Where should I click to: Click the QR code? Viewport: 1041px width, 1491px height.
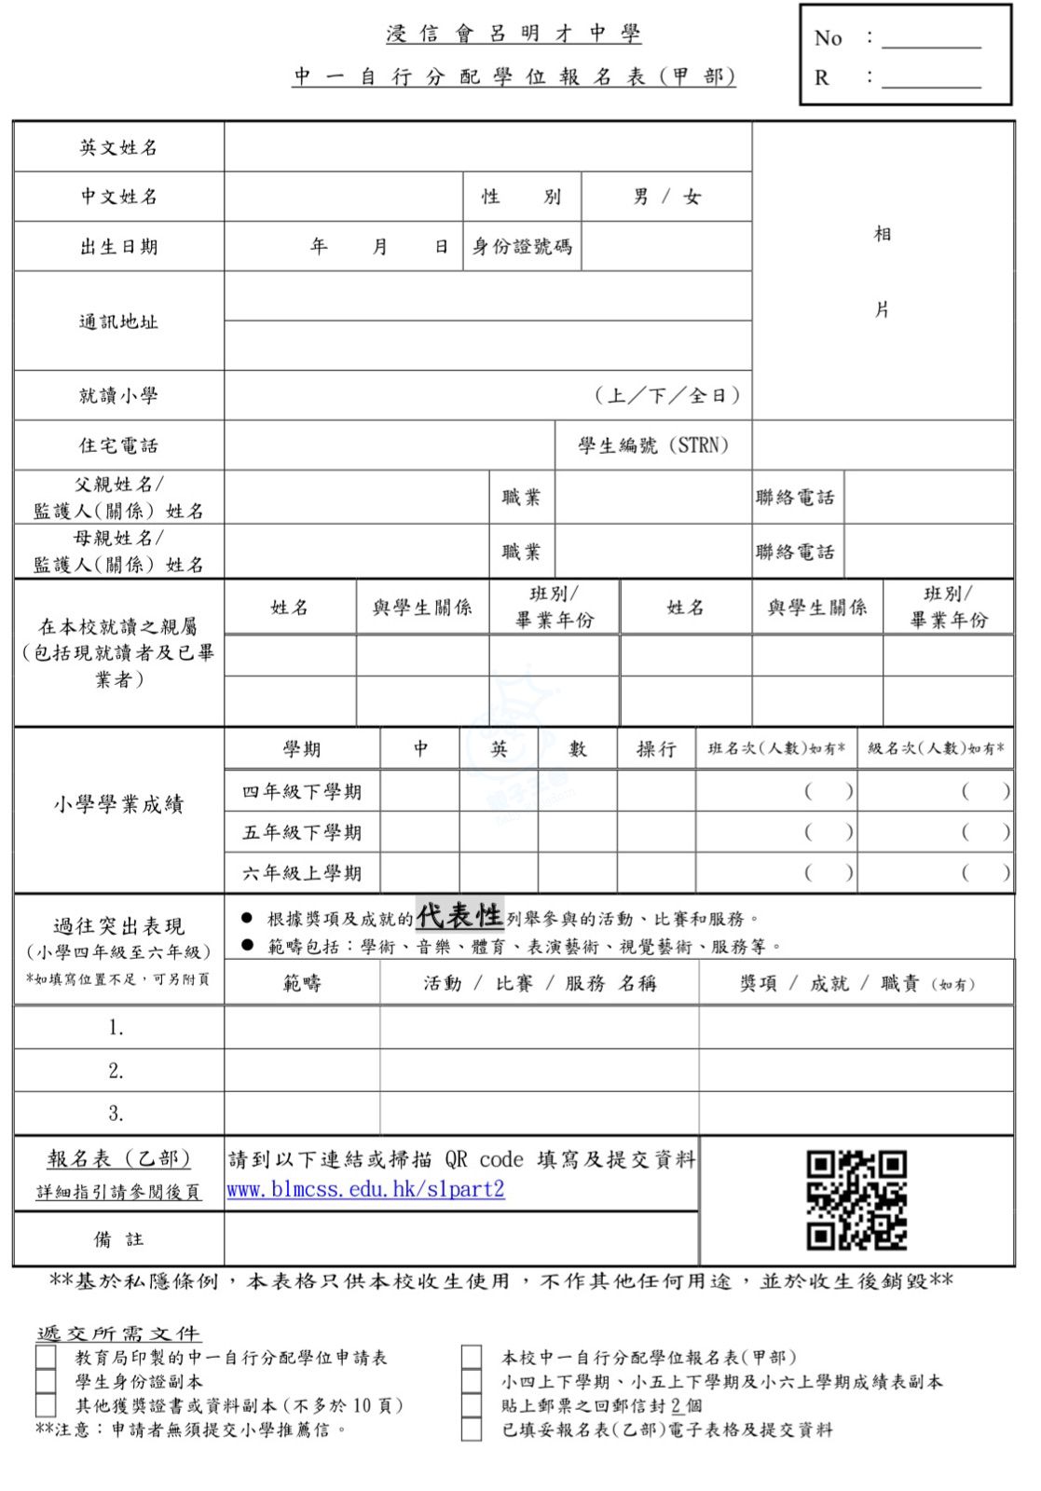tap(856, 1199)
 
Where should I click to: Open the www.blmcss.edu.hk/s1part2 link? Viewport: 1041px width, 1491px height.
tap(365, 1189)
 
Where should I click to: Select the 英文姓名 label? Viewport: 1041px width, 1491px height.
tap(118, 147)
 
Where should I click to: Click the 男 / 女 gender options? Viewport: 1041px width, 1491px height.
tap(666, 197)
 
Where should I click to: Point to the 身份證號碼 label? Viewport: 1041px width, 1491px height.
tap(522, 247)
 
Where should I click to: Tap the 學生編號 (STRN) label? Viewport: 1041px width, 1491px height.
tap(652, 445)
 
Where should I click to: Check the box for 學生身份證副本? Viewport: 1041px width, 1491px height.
tap(46, 1381)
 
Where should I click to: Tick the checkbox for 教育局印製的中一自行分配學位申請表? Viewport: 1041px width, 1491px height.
tap(46, 1357)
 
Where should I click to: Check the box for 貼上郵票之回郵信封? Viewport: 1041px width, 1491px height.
tap(472, 1405)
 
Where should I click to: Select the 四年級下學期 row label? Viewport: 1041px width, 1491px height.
tap(302, 791)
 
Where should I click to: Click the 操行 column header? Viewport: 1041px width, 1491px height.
tap(656, 748)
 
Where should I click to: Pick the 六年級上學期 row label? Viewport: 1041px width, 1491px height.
tap(302, 873)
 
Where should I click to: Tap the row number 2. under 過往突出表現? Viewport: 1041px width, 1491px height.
tap(116, 1071)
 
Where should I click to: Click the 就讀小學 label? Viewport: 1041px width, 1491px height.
tap(118, 395)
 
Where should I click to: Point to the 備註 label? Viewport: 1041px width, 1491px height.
tap(118, 1239)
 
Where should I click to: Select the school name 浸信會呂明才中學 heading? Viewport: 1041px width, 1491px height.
tap(514, 34)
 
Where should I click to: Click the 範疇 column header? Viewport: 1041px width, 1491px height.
tap(302, 983)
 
